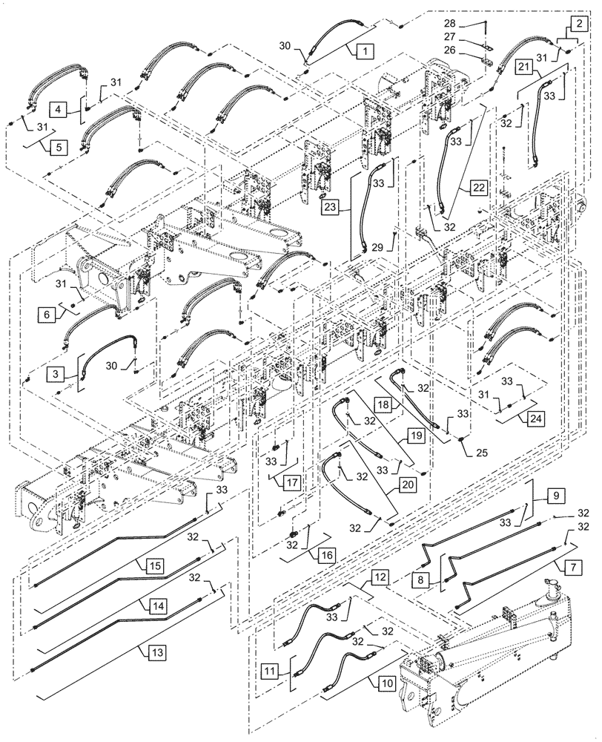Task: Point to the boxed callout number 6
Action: coord(47,314)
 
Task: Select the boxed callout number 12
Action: coord(380,577)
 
